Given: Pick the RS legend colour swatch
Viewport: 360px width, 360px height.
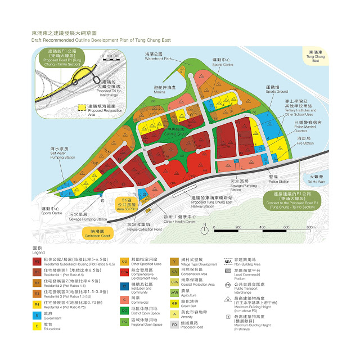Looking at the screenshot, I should coord(37,262).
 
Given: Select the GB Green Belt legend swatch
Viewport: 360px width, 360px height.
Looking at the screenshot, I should coord(174,303).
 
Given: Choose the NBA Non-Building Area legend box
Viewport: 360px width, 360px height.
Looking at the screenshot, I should coord(228,261).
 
